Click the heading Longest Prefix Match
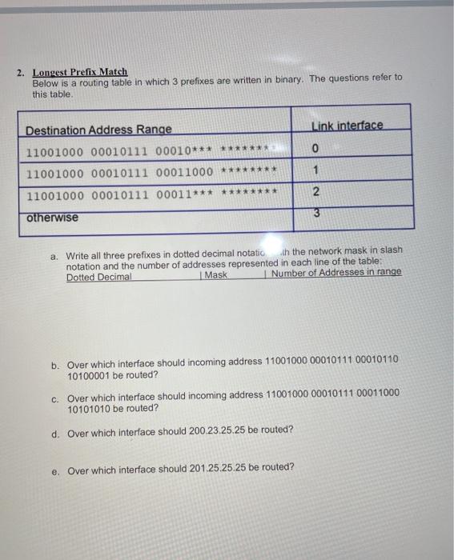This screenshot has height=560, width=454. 79,72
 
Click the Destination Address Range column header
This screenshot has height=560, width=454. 98,130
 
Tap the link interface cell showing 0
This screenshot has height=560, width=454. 316,148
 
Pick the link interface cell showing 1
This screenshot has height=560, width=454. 316,170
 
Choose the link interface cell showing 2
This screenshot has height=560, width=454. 315,192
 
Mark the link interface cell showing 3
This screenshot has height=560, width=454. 315,213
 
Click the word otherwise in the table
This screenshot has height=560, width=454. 52,218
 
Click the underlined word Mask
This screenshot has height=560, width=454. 215,275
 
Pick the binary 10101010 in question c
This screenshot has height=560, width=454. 91,408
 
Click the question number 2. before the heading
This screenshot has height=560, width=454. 22,72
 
